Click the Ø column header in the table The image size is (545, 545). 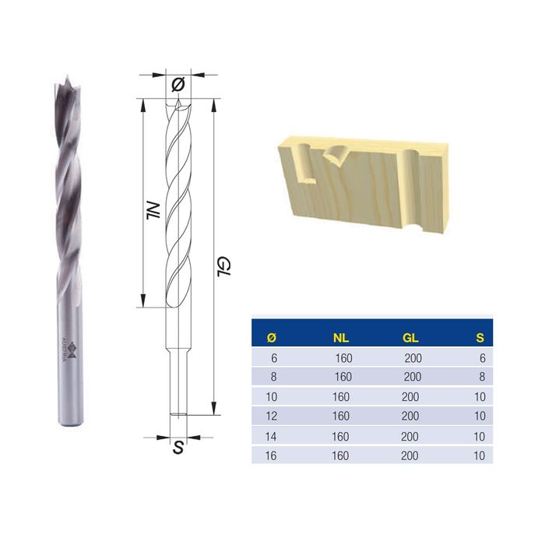271,337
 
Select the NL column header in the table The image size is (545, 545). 340,337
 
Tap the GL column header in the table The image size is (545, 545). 411,337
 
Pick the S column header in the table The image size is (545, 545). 481,337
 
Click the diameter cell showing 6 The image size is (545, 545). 272,358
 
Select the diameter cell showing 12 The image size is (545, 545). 272,417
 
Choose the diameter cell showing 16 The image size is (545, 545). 272,455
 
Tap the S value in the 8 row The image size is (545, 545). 482,377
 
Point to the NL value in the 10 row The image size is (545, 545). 341,397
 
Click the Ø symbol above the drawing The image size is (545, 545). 178,83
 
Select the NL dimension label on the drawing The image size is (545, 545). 153,209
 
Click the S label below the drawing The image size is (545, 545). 178,449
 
